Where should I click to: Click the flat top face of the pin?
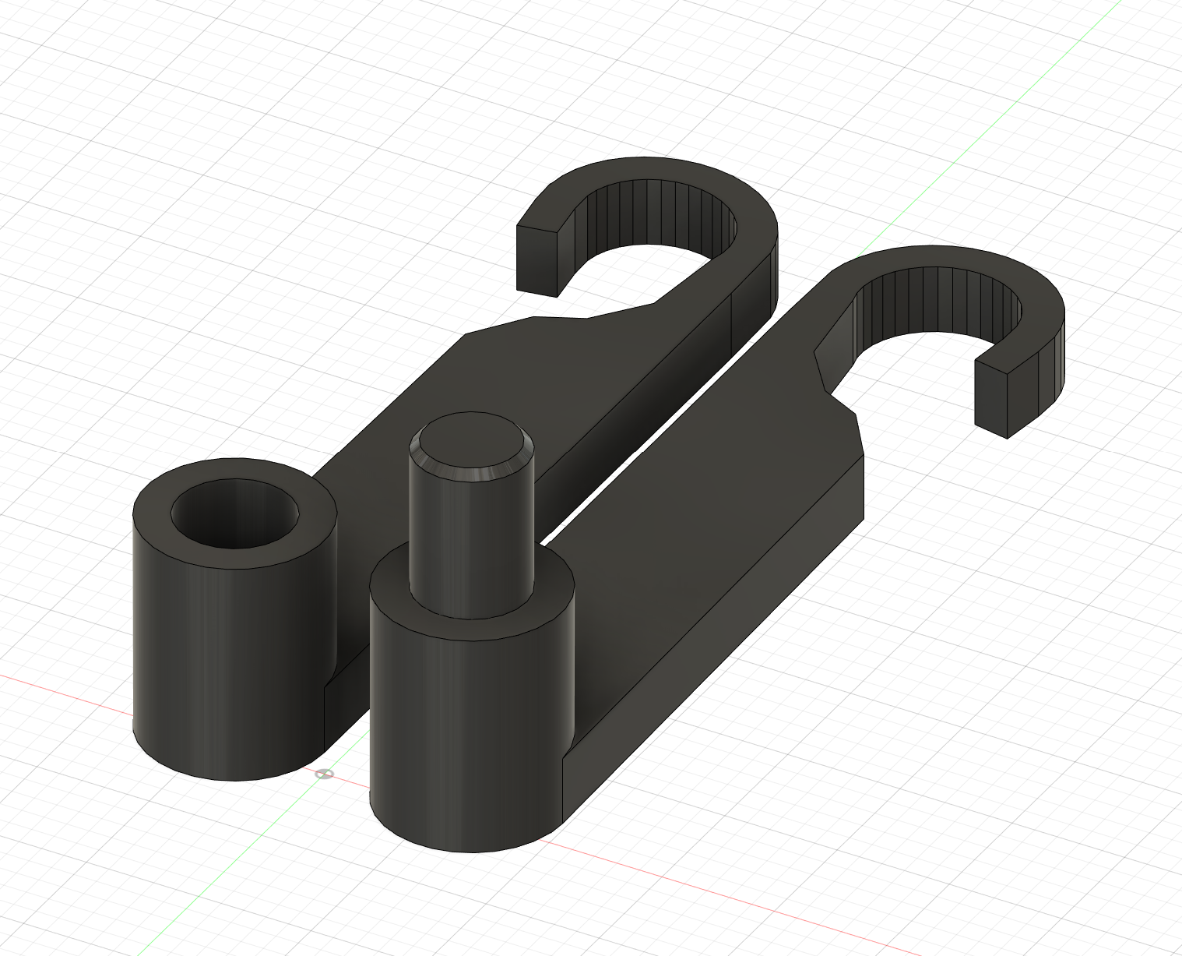coord(472,444)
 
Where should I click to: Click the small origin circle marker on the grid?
coord(325,774)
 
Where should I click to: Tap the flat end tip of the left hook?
coord(537,261)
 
